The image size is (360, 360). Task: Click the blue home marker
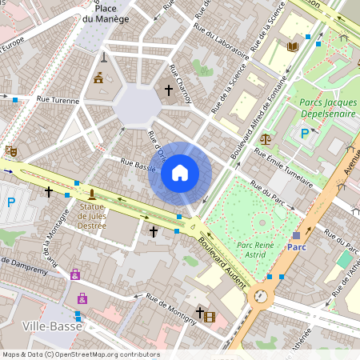(180, 173)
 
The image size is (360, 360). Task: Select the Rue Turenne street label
(58, 101)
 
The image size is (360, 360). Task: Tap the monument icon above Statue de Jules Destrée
(93, 194)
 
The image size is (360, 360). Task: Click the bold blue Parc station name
(297, 247)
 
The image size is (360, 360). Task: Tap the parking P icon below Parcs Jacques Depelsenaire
(305, 134)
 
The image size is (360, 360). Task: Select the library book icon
(292, 47)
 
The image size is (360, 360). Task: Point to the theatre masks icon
(10, 150)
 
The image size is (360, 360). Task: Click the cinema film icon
(210, 317)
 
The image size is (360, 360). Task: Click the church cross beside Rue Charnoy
(168, 90)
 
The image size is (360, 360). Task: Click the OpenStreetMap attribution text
(81, 354)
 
